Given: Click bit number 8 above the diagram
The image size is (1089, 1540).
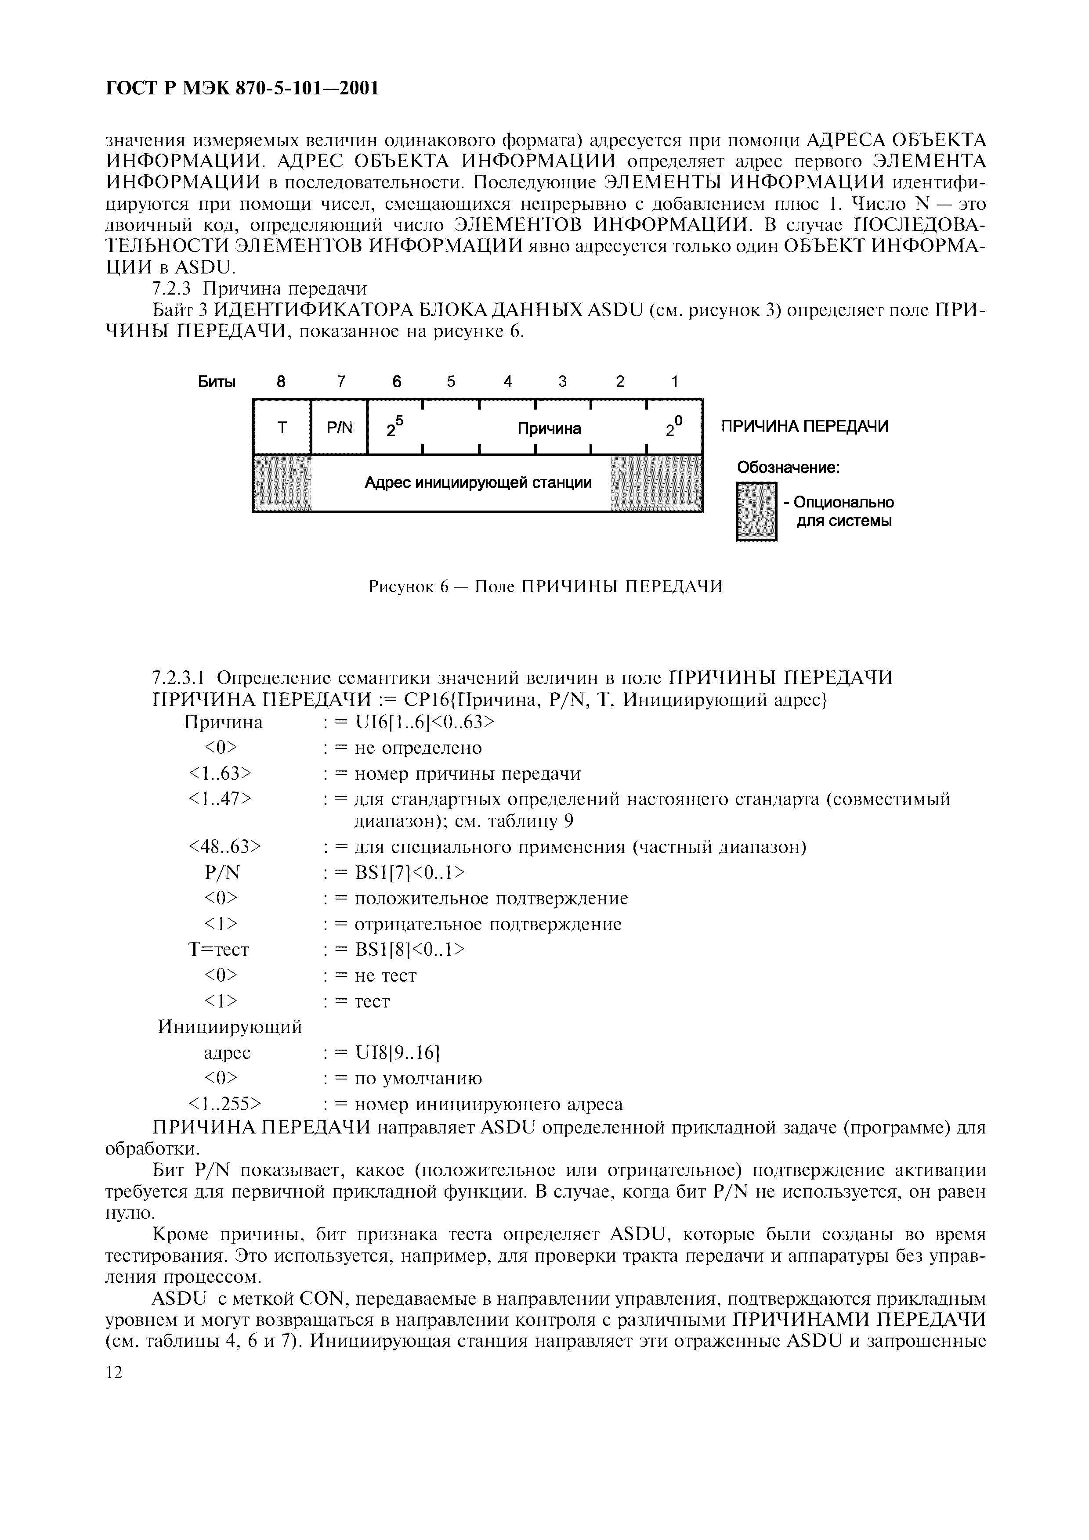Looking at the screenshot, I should (x=281, y=381).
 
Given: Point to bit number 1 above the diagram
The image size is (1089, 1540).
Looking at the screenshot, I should (x=674, y=381).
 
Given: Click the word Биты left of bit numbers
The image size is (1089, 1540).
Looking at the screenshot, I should (x=217, y=382).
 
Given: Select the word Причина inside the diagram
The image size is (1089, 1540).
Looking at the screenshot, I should (x=549, y=428).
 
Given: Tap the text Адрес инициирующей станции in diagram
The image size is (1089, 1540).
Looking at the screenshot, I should (x=478, y=482).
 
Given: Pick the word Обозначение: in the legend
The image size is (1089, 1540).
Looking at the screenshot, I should (x=789, y=467).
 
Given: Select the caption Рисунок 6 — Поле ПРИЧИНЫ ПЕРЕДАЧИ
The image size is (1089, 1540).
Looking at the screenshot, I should (x=546, y=587).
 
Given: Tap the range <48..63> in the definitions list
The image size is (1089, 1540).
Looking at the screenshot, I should (x=225, y=847).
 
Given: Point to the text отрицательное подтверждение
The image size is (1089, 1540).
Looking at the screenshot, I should (x=488, y=924).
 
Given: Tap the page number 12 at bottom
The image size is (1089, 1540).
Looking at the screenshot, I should (x=115, y=1373).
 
